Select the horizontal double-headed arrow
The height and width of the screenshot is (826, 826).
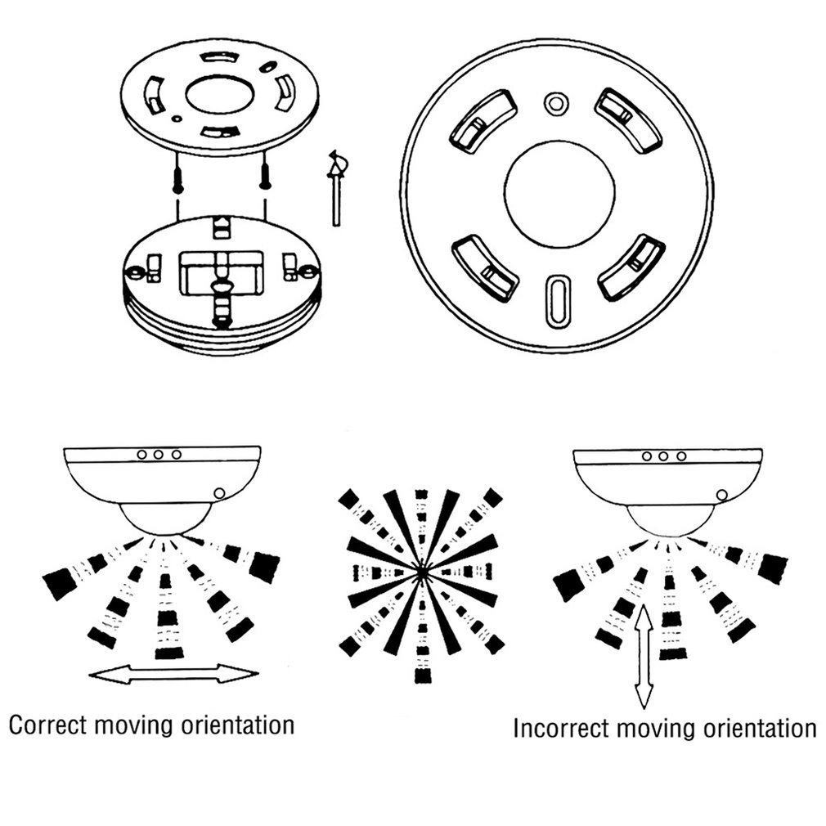(173, 674)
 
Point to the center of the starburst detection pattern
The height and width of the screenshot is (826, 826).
(421, 572)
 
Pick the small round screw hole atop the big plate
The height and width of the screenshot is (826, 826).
(557, 103)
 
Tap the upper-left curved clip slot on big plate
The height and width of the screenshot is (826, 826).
(478, 123)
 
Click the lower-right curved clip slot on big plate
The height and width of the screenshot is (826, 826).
(631, 267)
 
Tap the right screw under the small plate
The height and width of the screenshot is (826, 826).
(264, 173)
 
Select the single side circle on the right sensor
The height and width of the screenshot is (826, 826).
(721, 495)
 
